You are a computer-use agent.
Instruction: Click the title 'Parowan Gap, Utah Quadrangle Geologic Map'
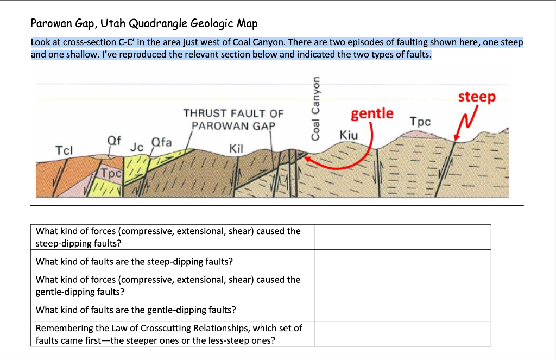pos(144,23)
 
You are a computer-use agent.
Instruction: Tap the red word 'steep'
pos(476,97)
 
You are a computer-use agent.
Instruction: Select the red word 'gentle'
pos(372,113)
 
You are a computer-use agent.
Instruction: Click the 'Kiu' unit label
pos(348,134)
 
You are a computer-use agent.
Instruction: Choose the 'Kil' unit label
pos(237,148)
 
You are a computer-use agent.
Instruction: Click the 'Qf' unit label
pos(113,139)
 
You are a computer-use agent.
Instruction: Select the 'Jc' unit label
pos(136,146)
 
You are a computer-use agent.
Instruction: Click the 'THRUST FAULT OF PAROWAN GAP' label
pos(233,119)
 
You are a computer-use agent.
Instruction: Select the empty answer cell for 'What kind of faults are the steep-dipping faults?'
pos(402,262)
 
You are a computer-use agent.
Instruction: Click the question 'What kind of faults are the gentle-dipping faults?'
pos(136,310)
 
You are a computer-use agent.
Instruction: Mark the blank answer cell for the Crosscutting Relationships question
pos(402,334)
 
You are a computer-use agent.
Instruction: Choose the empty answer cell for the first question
pos(402,237)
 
